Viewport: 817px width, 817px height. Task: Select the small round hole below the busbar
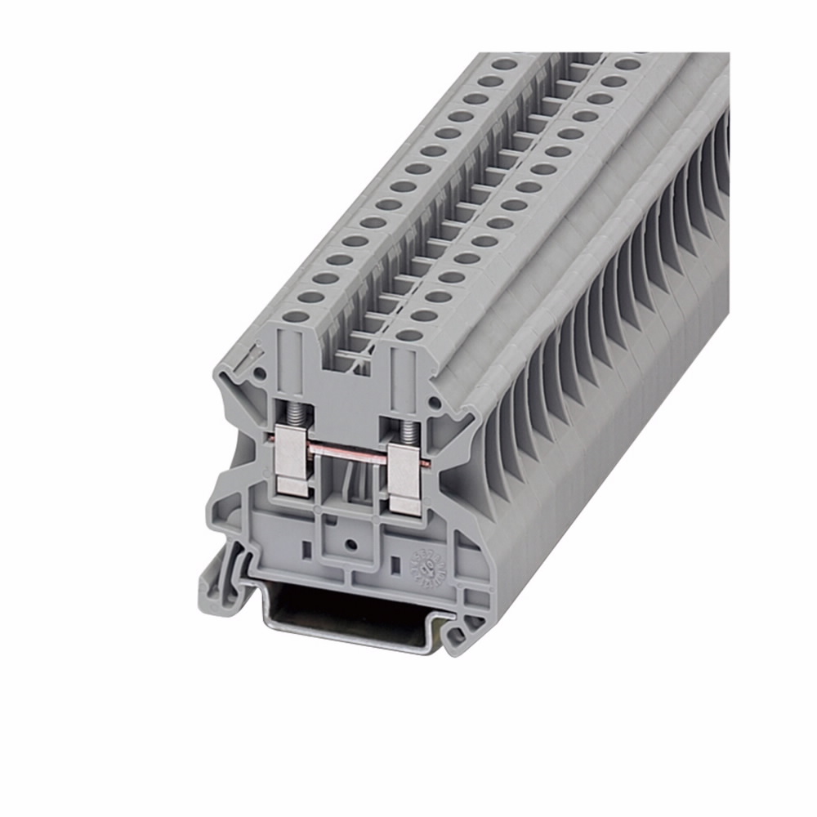[x=349, y=543]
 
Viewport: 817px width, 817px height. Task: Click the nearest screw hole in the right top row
[x=410, y=334]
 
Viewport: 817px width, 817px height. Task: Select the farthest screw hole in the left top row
[x=505, y=63]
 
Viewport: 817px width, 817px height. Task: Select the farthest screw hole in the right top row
[x=627, y=64]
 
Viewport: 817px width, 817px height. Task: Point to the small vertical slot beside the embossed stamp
[x=393, y=562]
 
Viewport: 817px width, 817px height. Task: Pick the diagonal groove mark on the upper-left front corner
[x=243, y=361]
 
